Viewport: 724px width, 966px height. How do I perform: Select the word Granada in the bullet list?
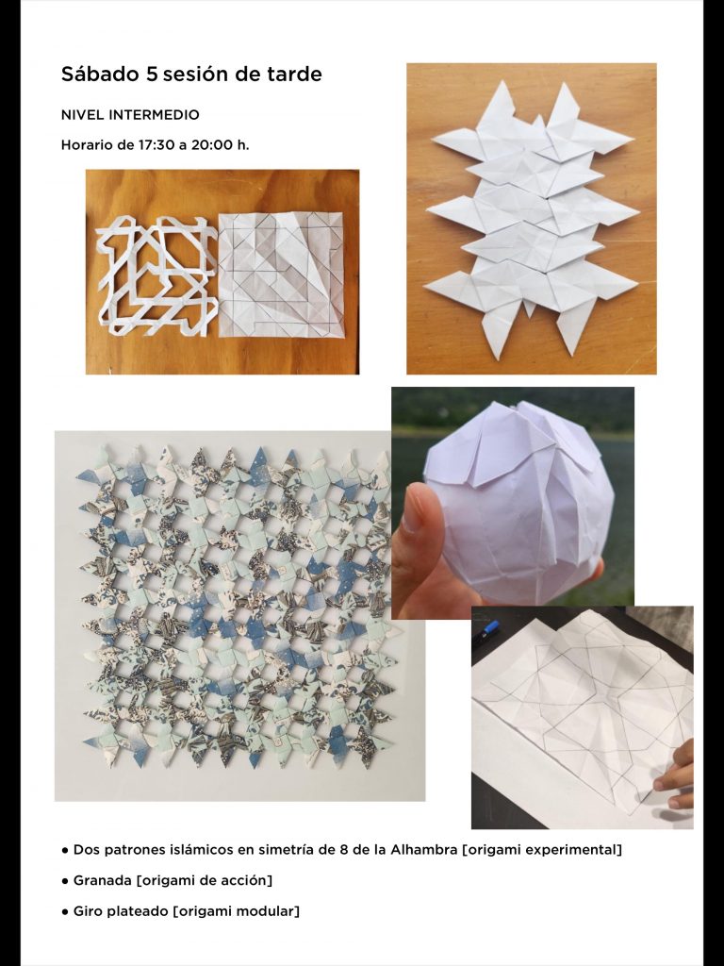102,880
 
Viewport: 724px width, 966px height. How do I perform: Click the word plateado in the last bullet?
138,911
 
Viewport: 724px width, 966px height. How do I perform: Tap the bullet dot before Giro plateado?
65,912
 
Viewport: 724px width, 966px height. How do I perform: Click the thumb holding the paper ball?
412,519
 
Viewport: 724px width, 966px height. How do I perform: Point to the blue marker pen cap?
491,628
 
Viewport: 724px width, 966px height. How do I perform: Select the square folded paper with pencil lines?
281,275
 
